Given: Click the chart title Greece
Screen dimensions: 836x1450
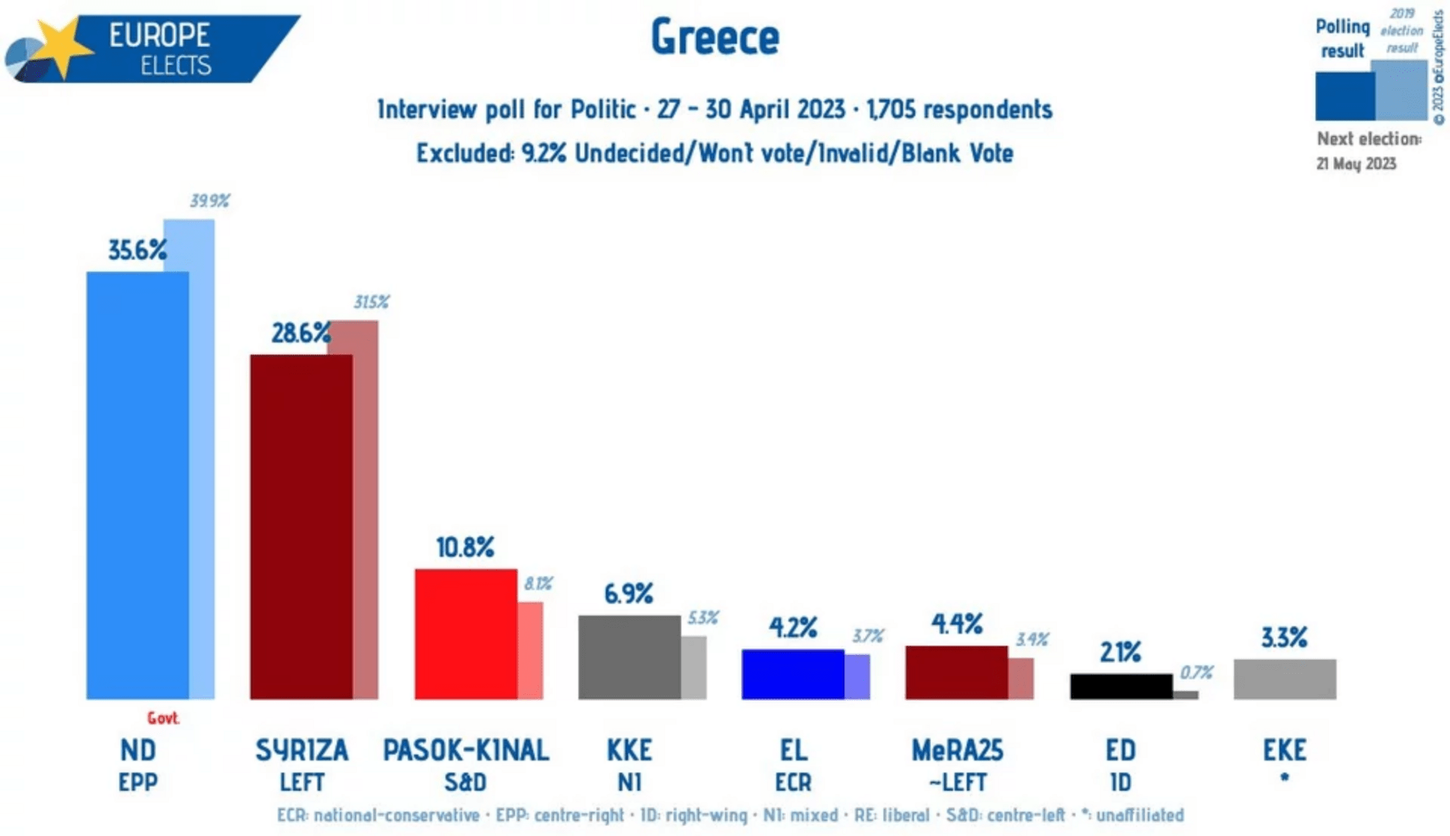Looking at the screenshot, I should click(x=714, y=37).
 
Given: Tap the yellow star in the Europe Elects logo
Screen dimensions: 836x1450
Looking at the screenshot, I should click(x=62, y=47).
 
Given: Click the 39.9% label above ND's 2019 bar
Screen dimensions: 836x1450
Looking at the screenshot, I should click(x=209, y=201).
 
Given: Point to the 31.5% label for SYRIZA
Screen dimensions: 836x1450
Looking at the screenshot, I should click(x=371, y=303).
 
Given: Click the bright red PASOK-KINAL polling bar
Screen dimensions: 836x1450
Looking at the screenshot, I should click(x=465, y=633).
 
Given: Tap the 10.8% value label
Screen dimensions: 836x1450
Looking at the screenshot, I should click(x=464, y=547).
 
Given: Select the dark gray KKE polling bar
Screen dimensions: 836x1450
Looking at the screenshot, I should click(x=628, y=656).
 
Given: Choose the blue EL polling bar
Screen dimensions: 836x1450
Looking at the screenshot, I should click(x=792, y=674).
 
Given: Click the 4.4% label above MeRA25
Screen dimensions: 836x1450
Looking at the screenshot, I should click(x=956, y=624).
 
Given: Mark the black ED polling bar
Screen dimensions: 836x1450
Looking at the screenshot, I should click(x=1121, y=686).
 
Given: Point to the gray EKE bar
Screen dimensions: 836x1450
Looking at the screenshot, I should click(x=1284, y=679).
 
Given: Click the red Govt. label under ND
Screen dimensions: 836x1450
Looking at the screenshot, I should click(x=163, y=718).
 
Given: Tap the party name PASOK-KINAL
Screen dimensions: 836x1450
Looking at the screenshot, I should click(x=465, y=751).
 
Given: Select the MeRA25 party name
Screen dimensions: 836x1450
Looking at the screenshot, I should click(x=957, y=751).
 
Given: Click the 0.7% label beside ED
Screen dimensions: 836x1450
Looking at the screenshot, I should click(x=1196, y=672).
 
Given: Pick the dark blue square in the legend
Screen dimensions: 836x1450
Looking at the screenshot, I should click(x=1344, y=96).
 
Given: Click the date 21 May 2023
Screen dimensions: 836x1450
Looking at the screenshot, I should click(x=1356, y=164).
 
